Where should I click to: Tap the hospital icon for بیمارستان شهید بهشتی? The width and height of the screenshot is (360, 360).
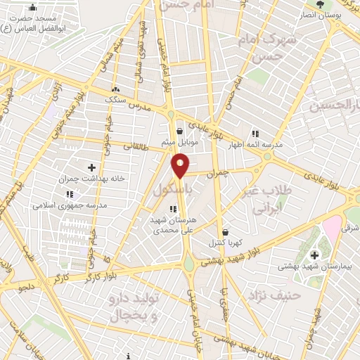[x=314, y=255]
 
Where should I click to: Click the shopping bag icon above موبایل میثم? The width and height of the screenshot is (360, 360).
[x=180, y=131]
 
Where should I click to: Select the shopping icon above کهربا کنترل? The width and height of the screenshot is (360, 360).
[x=225, y=232]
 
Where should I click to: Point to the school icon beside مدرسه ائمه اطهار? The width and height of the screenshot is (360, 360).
[x=255, y=133]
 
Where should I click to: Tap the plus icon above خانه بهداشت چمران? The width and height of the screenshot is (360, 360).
[x=91, y=167]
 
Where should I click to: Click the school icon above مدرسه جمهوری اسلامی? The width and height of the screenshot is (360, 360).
[x=69, y=194]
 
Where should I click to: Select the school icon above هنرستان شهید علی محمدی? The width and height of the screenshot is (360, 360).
[x=173, y=208]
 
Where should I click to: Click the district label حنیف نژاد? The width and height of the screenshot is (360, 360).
[x=281, y=295]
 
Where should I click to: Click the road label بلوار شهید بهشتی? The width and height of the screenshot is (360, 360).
[x=230, y=257]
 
